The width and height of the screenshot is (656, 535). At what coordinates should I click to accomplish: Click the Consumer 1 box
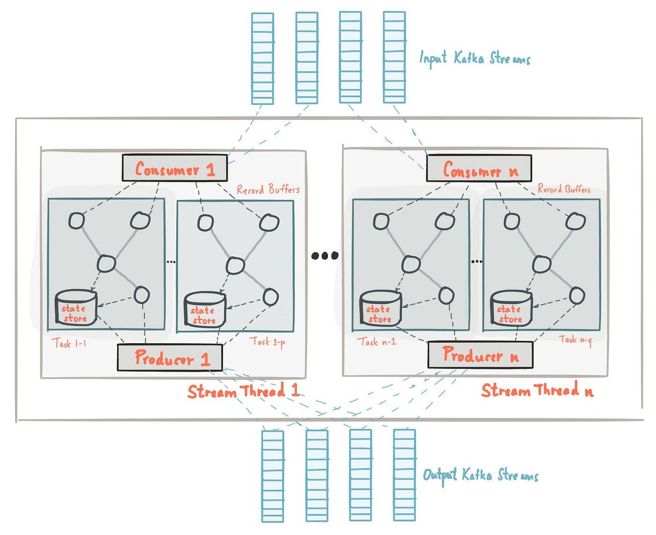pos(174,168)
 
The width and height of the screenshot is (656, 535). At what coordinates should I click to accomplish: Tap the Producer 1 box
pos(170,358)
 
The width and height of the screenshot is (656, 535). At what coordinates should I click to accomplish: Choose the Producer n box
pos(480,355)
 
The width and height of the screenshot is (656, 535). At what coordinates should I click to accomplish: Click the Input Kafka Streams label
pos(474,59)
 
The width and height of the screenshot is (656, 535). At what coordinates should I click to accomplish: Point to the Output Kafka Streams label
pos(480,475)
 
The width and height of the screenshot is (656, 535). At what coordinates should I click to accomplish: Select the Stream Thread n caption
pos(537,390)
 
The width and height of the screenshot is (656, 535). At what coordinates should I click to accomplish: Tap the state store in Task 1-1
pos(75,309)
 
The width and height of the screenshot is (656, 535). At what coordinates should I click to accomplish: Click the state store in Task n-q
pos(511,309)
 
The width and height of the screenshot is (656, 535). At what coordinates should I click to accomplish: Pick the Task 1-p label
pos(267,342)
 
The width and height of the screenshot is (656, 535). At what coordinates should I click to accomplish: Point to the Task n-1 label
pos(377,342)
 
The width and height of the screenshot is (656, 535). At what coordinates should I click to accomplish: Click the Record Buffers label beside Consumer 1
pos(268,190)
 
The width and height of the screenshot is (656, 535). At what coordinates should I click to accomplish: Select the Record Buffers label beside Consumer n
pos(564,189)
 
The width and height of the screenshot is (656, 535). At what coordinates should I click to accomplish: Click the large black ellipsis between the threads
pos(325,256)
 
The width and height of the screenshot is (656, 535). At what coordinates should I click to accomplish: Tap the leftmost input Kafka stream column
pos(262,58)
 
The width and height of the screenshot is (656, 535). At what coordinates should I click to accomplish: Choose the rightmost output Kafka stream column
pos(404,475)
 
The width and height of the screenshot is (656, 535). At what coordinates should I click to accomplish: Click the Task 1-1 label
pos(69,344)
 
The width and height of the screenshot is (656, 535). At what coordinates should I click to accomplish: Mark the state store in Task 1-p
pos(205,310)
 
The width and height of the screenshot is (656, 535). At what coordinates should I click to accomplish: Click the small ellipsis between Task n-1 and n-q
pos(476,261)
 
